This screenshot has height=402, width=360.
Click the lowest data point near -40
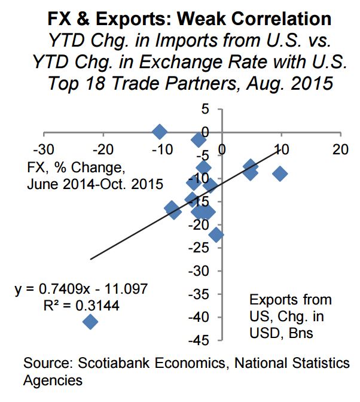tap(90, 322)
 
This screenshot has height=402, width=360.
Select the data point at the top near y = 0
tap(159, 132)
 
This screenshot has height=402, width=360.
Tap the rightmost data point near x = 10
tap(279, 173)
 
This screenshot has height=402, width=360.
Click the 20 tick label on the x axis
tap(340, 148)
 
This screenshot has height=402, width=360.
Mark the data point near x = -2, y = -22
tap(216, 235)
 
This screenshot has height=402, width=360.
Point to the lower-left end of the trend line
tap(90, 259)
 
